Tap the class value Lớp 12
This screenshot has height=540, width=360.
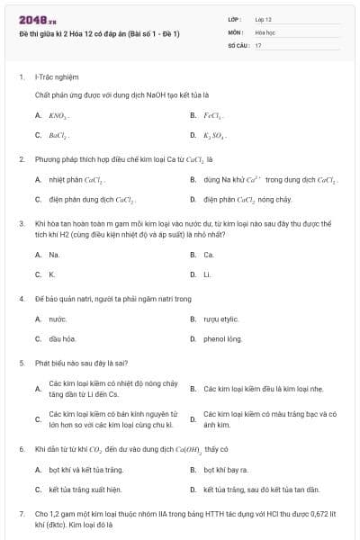pyautogui.click(x=263, y=18)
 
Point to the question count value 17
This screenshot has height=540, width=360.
pyautogui.click(x=258, y=45)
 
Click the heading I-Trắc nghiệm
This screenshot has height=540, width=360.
pyautogui.click(x=56, y=77)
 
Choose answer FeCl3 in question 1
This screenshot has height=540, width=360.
pyautogui.click(x=212, y=116)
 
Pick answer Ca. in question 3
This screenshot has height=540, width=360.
pyautogui.click(x=209, y=255)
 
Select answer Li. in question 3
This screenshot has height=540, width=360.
pyautogui.click(x=208, y=274)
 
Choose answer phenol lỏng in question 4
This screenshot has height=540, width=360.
pyautogui.click(x=223, y=338)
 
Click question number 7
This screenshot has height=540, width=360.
pyautogui.click(x=21, y=513)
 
